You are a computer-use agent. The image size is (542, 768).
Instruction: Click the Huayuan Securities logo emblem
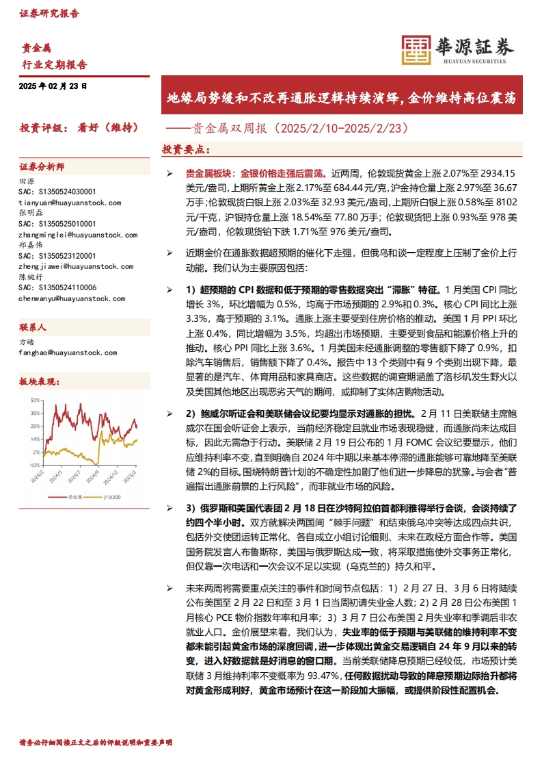click(x=414, y=49)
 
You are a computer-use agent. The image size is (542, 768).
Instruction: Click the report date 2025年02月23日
click(x=53, y=86)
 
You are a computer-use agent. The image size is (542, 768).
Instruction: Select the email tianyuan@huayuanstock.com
click(x=70, y=203)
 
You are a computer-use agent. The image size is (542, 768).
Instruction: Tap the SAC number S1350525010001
click(x=57, y=223)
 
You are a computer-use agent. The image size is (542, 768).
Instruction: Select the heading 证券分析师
click(x=42, y=167)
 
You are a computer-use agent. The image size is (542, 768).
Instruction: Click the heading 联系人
click(x=32, y=327)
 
